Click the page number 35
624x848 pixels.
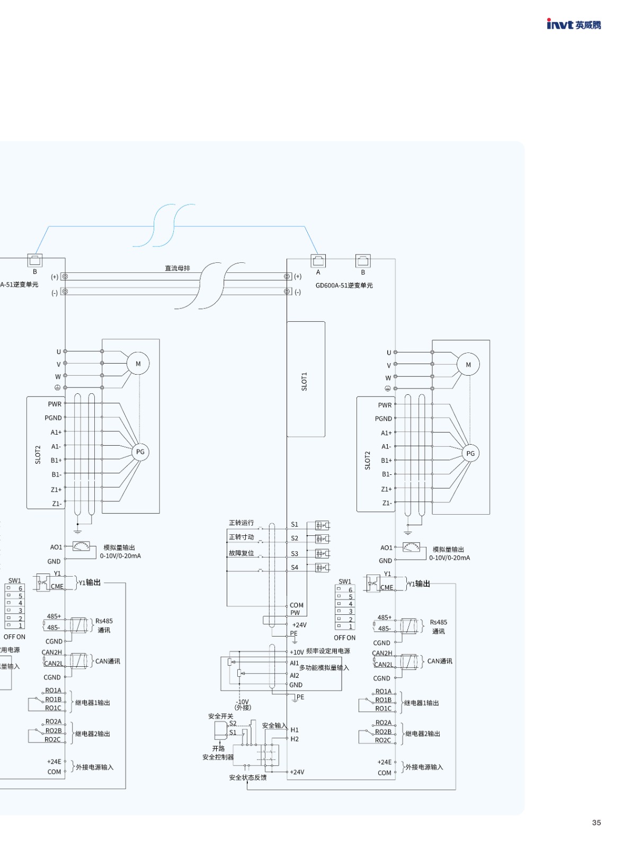596,823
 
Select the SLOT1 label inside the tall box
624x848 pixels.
304,381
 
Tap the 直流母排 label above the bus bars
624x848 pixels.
177,268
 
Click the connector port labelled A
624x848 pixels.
318,261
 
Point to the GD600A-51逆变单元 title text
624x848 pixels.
344,285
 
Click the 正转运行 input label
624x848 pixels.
241,523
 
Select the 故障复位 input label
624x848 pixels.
241,553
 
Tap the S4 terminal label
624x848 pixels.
295,568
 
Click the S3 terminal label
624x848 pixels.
295,554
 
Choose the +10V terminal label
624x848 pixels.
297,652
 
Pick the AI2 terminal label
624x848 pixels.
295,676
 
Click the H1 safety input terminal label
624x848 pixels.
295,730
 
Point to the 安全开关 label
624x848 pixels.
220,716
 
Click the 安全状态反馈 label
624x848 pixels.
248,778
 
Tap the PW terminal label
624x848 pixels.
295,613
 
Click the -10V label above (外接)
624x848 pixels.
242,702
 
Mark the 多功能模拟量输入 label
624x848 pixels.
324,668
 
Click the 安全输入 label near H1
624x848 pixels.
274,726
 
